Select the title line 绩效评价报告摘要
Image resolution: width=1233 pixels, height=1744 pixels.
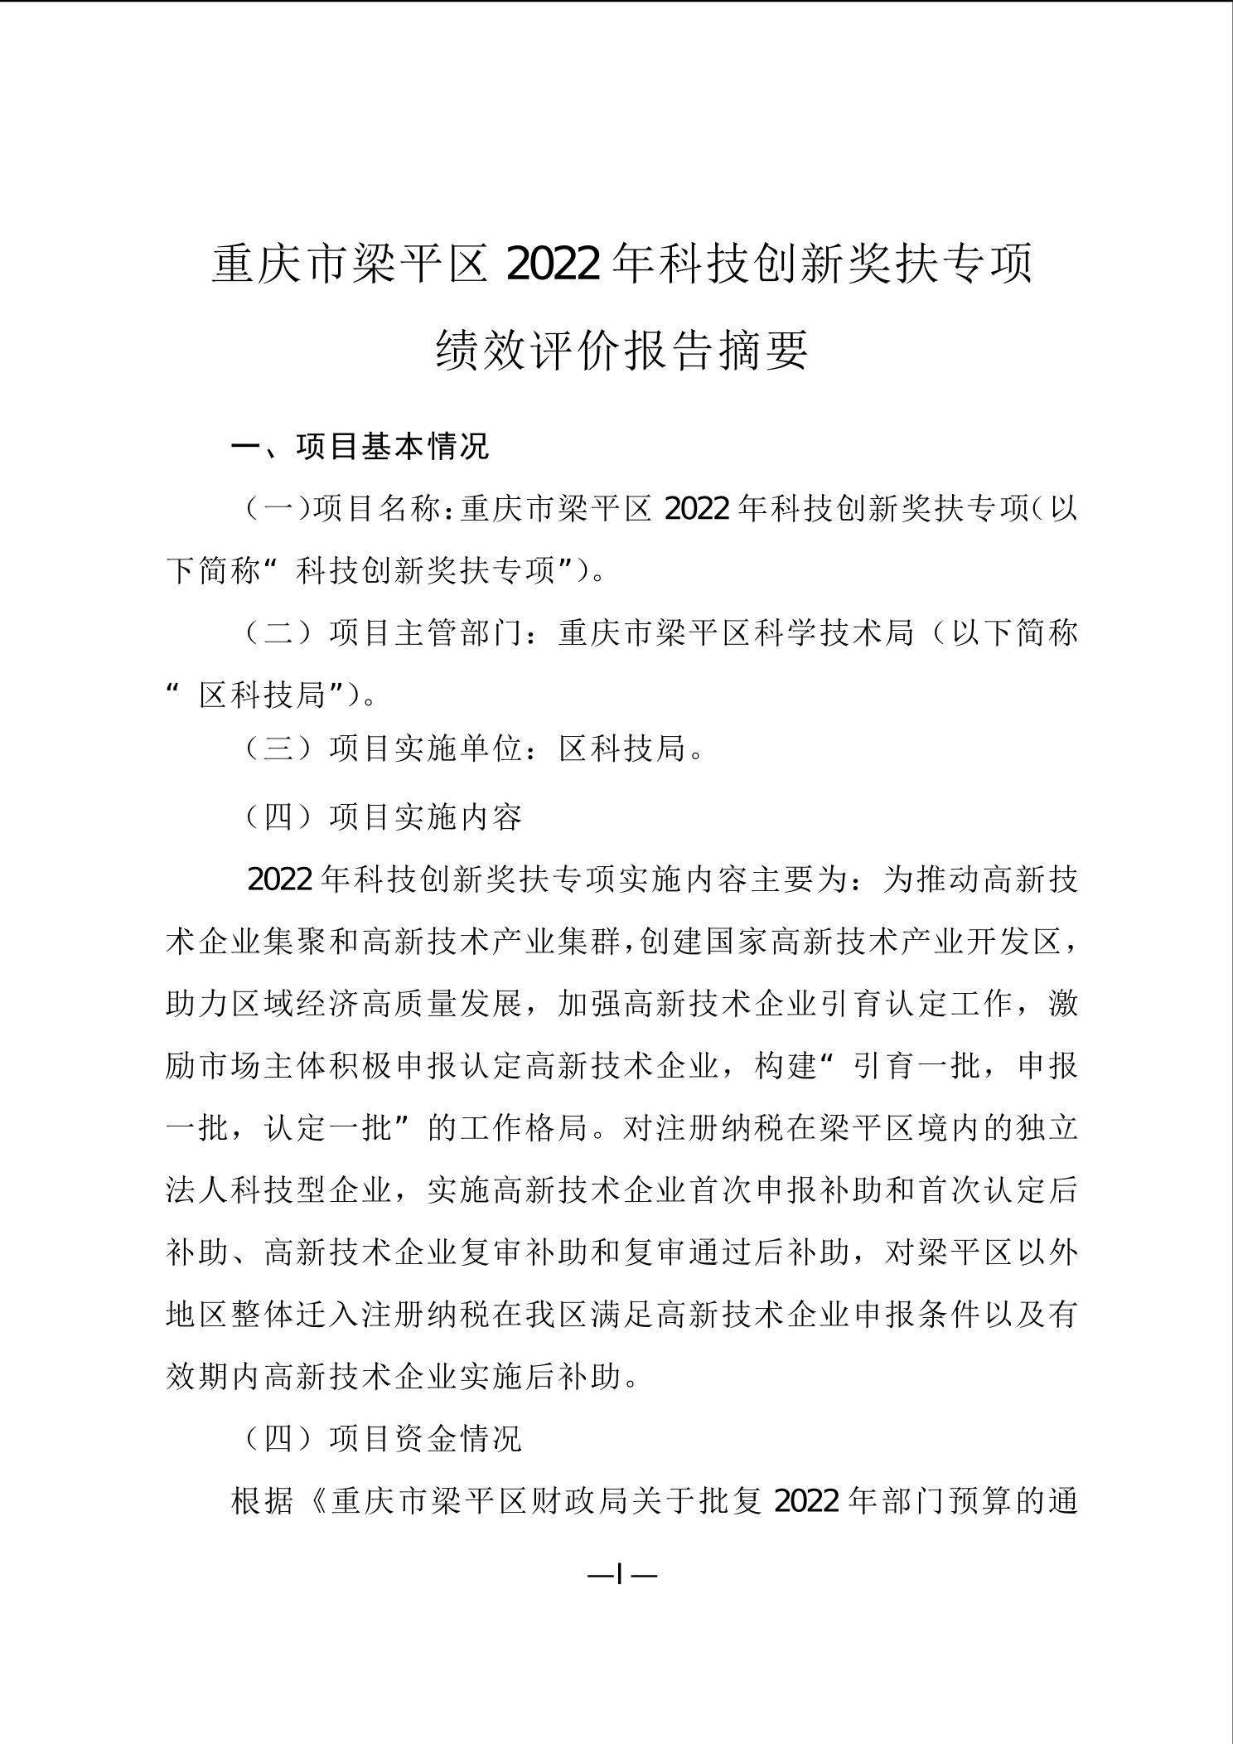coord(621,350)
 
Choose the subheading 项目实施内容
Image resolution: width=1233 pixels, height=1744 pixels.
coord(426,817)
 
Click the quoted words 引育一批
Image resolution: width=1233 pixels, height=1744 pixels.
coord(912,1066)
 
